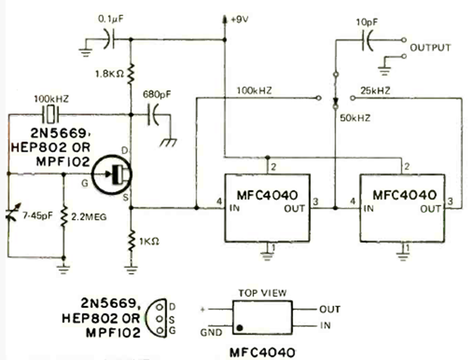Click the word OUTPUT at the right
click(x=428, y=48)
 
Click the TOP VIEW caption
click(x=263, y=293)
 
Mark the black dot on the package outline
click(x=239, y=327)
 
